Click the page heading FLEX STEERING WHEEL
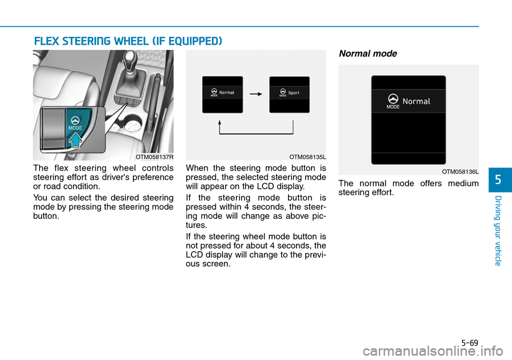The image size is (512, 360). (x=127, y=41)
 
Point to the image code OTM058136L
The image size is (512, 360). (x=460, y=172)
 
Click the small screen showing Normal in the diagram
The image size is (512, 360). (x=222, y=94)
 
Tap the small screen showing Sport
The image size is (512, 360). (x=290, y=94)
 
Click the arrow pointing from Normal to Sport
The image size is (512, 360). (x=256, y=93)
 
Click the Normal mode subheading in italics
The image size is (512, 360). (x=367, y=54)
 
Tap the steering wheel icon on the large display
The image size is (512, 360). (x=393, y=99)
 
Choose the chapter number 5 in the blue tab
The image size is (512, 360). (x=499, y=180)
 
